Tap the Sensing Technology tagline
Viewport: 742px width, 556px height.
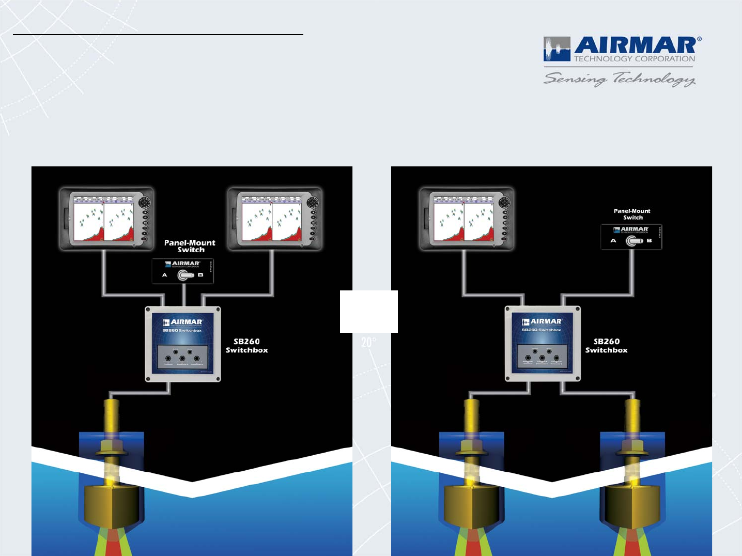[x=620, y=79]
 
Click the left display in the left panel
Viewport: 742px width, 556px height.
[x=107, y=219]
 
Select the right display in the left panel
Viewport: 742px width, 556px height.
[x=275, y=219]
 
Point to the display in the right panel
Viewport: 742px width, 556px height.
[x=467, y=219]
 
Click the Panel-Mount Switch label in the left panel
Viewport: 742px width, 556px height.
[x=190, y=246]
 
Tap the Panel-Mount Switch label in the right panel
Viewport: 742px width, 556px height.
[x=632, y=214]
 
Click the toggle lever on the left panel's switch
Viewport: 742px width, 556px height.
[x=185, y=275]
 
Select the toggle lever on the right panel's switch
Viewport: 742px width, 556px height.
[x=633, y=241]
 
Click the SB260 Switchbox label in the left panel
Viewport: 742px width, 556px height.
[x=246, y=346]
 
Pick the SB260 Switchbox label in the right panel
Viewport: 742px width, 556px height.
[x=606, y=346]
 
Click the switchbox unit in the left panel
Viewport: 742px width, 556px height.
[x=183, y=344]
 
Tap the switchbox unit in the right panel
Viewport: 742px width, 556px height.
[x=543, y=344]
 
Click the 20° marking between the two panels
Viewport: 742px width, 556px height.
[x=368, y=342]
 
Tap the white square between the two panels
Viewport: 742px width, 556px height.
[x=368, y=311]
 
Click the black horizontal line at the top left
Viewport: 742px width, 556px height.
[x=158, y=35]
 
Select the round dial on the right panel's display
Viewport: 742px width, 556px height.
[x=504, y=202]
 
